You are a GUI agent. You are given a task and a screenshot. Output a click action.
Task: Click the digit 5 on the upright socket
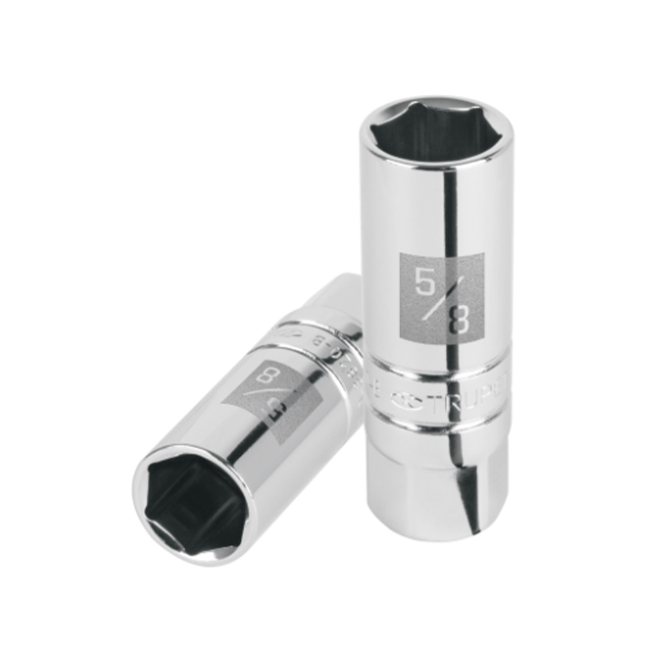pyautogui.click(x=425, y=282)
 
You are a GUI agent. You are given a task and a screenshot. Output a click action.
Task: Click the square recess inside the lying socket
pyautogui.click(x=195, y=507)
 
